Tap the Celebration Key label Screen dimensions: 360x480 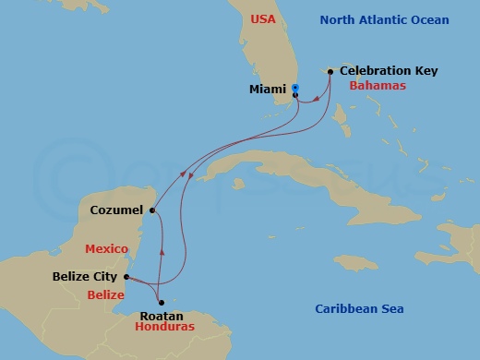388,70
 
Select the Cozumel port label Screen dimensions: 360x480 116,210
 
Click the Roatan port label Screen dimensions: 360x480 161,315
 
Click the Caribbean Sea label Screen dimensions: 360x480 358,309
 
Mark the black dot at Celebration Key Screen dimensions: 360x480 330,71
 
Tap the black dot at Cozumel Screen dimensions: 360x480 152,210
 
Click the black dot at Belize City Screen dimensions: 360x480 126,275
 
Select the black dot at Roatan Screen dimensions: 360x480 161,302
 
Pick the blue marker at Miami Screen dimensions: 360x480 294,88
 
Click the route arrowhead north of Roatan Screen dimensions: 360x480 163,250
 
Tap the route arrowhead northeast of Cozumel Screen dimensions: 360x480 187,173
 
